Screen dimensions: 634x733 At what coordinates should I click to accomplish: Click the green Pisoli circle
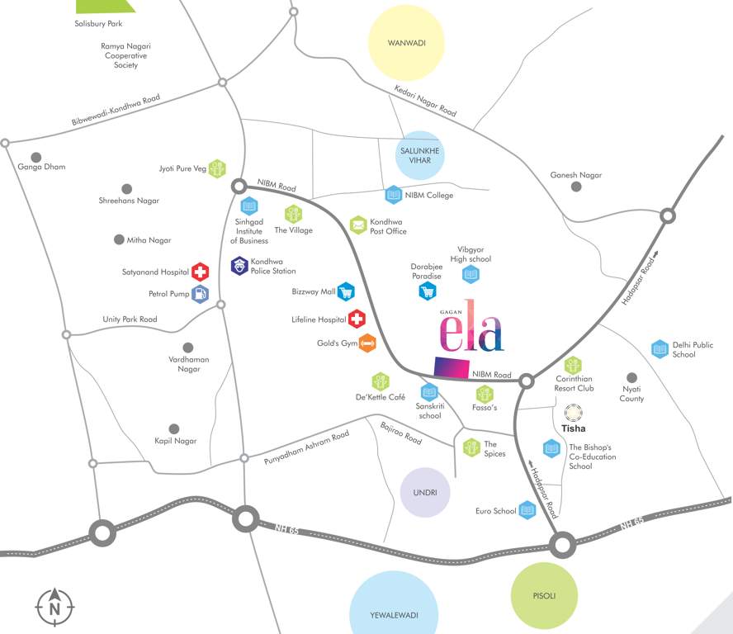click(544, 595)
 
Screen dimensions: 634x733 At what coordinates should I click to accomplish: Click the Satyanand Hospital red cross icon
click(200, 272)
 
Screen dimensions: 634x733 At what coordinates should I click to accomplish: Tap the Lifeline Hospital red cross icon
click(357, 319)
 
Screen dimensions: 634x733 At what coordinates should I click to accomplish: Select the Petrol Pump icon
click(200, 294)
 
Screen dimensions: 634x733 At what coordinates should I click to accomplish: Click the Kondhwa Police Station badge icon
click(239, 266)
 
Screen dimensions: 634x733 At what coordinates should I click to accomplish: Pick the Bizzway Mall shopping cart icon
click(345, 291)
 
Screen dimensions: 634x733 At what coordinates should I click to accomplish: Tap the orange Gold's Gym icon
click(367, 343)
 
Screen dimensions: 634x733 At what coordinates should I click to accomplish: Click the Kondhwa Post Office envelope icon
click(357, 225)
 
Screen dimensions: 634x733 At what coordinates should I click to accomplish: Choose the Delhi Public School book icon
click(660, 349)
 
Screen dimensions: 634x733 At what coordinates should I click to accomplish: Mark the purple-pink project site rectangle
click(452, 368)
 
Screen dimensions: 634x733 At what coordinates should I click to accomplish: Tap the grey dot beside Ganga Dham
click(35, 157)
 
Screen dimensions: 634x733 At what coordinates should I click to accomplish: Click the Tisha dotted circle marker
click(573, 413)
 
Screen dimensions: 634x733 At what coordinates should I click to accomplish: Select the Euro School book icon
click(527, 511)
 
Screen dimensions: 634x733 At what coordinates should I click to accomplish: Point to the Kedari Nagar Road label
click(425, 100)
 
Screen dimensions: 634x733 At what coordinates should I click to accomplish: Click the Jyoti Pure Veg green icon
click(217, 168)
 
